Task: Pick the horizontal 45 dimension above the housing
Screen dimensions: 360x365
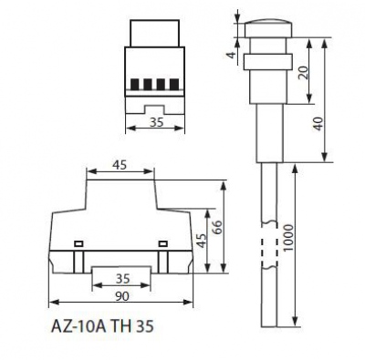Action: tap(120, 166)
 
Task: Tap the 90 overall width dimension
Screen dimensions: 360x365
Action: tap(120, 297)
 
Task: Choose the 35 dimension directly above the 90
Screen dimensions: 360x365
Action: tap(120, 278)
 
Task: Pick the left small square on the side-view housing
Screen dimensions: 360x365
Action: tap(78, 243)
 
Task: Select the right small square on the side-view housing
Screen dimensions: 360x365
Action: tap(162, 243)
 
